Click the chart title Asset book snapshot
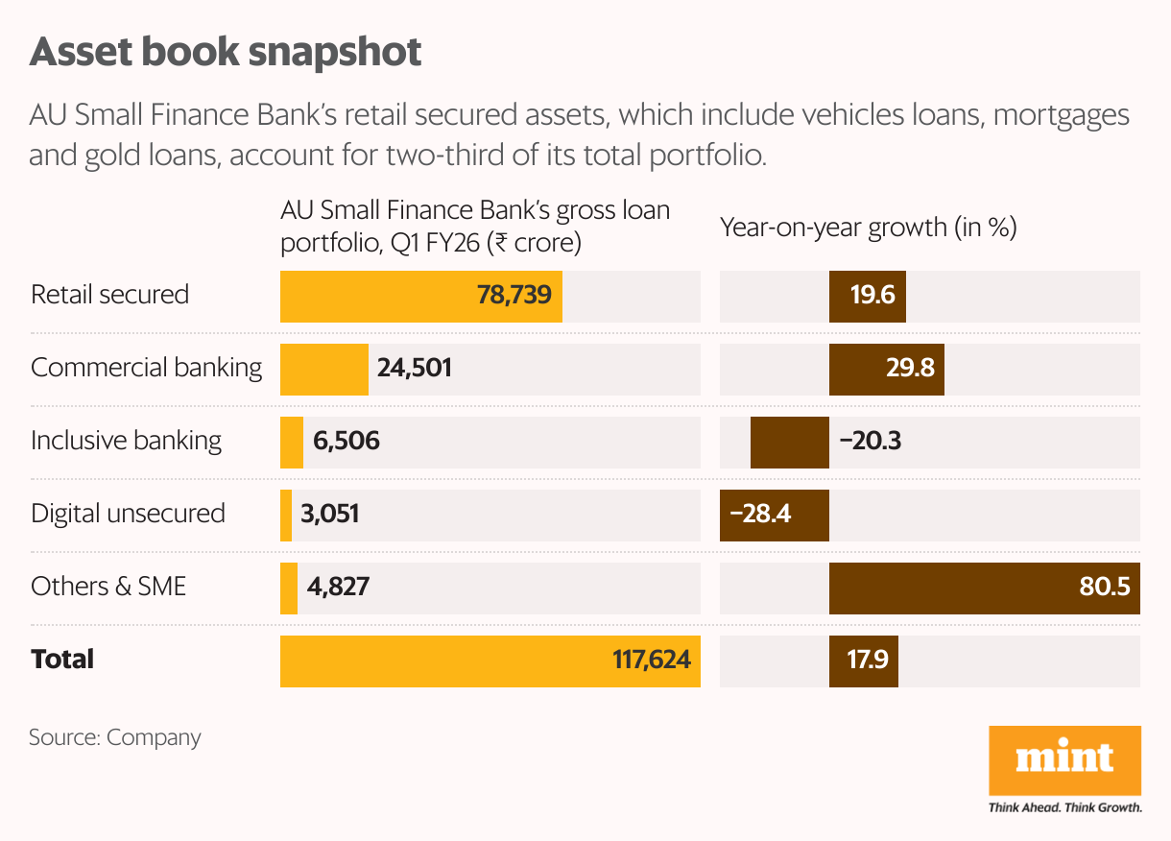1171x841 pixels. coord(226,53)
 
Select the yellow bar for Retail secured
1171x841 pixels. coord(420,296)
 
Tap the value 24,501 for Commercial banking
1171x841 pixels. coord(415,368)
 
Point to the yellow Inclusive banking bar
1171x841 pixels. coord(292,442)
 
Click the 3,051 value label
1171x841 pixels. coord(329,514)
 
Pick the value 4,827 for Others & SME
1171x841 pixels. coord(338,587)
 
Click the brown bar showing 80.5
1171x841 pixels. coord(984,588)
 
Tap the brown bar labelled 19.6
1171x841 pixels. coord(868,296)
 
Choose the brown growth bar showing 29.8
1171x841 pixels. coord(887,368)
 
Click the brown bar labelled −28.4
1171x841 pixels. coord(775,514)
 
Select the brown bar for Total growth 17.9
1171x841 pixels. coord(864,660)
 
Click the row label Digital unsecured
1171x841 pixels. coord(128,514)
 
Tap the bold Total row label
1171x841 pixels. coord(62,660)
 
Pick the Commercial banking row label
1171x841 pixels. coord(146,368)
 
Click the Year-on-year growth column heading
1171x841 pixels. coord(869,228)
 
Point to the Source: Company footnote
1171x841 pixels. coord(115,737)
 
